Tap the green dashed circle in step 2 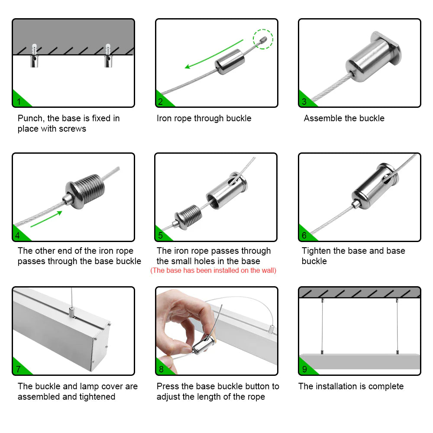tap(263, 39)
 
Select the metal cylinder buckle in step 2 tap(230, 61)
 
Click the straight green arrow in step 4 tap(46, 219)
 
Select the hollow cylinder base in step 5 tap(227, 190)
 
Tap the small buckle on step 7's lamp tap(72, 312)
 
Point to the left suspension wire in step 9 tap(322, 326)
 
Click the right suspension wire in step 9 tap(397, 326)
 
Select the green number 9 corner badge tap(306, 368)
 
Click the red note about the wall tap(213, 270)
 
